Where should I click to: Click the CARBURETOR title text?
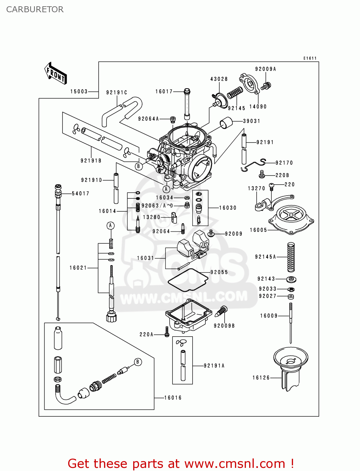35,9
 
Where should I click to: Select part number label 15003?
79,91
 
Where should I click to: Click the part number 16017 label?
164,91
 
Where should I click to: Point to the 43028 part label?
219,79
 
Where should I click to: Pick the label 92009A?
265,69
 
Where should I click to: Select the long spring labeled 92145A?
291,257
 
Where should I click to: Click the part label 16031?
145,258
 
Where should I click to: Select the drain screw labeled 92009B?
221,312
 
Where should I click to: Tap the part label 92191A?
214,365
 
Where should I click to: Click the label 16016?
173,398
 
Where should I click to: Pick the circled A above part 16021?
110,225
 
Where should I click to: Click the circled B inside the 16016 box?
138,362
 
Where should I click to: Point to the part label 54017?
80,193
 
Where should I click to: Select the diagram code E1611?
310,58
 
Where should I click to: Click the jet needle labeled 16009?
291,323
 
